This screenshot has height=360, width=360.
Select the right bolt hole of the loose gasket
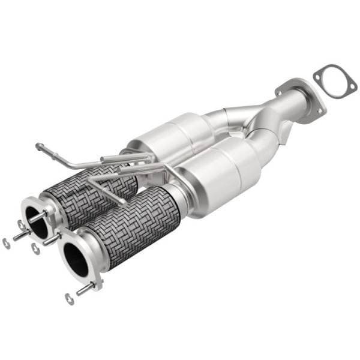tap(350, 91)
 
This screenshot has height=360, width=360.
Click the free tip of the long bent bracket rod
tap(38, 145)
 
